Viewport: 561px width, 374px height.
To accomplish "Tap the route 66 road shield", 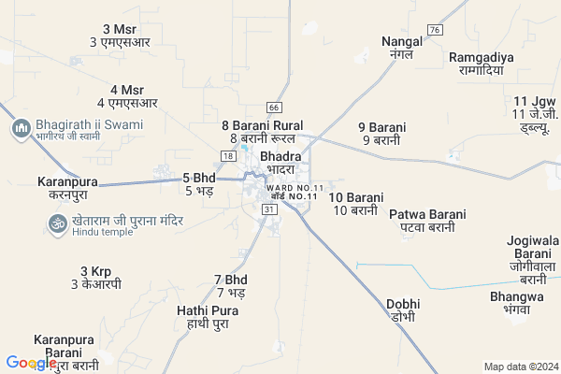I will click(x=274, y=108).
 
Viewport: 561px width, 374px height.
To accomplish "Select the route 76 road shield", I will click(x=434, y=31).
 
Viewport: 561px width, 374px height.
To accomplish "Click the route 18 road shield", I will click(x=227, y=155).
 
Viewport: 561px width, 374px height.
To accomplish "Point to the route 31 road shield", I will click(x=269, y=210).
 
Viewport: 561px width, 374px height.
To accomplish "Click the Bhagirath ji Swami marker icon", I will click(x=21, y=128).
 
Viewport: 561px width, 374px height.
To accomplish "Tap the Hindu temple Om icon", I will click(x=54, y=223).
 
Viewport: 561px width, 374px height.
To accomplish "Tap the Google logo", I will click(x=31, y=364).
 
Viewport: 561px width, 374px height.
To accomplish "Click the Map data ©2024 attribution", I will click(x=519, y=367).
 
